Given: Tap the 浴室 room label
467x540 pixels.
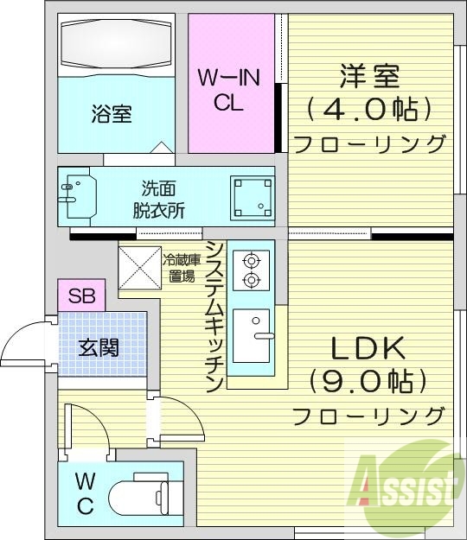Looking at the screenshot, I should (x=112, y=114).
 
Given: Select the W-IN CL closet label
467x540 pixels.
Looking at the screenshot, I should (x=228, y=90).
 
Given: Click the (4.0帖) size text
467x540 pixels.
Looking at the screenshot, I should (x=368, y=110).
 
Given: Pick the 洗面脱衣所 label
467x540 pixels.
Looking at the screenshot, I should (x=158, y=199).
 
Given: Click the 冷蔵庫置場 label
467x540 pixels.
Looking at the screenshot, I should (x=182, y=266).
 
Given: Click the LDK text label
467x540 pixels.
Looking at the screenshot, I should (x=368, y=347).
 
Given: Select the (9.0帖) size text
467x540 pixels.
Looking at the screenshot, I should (x=368, y=380).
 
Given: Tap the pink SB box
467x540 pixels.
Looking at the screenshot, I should (x=81, y=295).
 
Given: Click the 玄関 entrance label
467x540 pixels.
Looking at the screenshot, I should (x=99, y=348).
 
